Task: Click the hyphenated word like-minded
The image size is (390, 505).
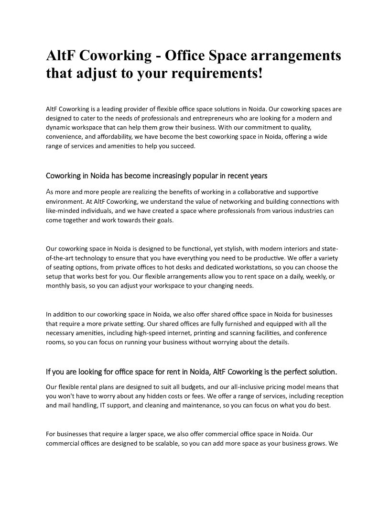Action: (x=65, y=211)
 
